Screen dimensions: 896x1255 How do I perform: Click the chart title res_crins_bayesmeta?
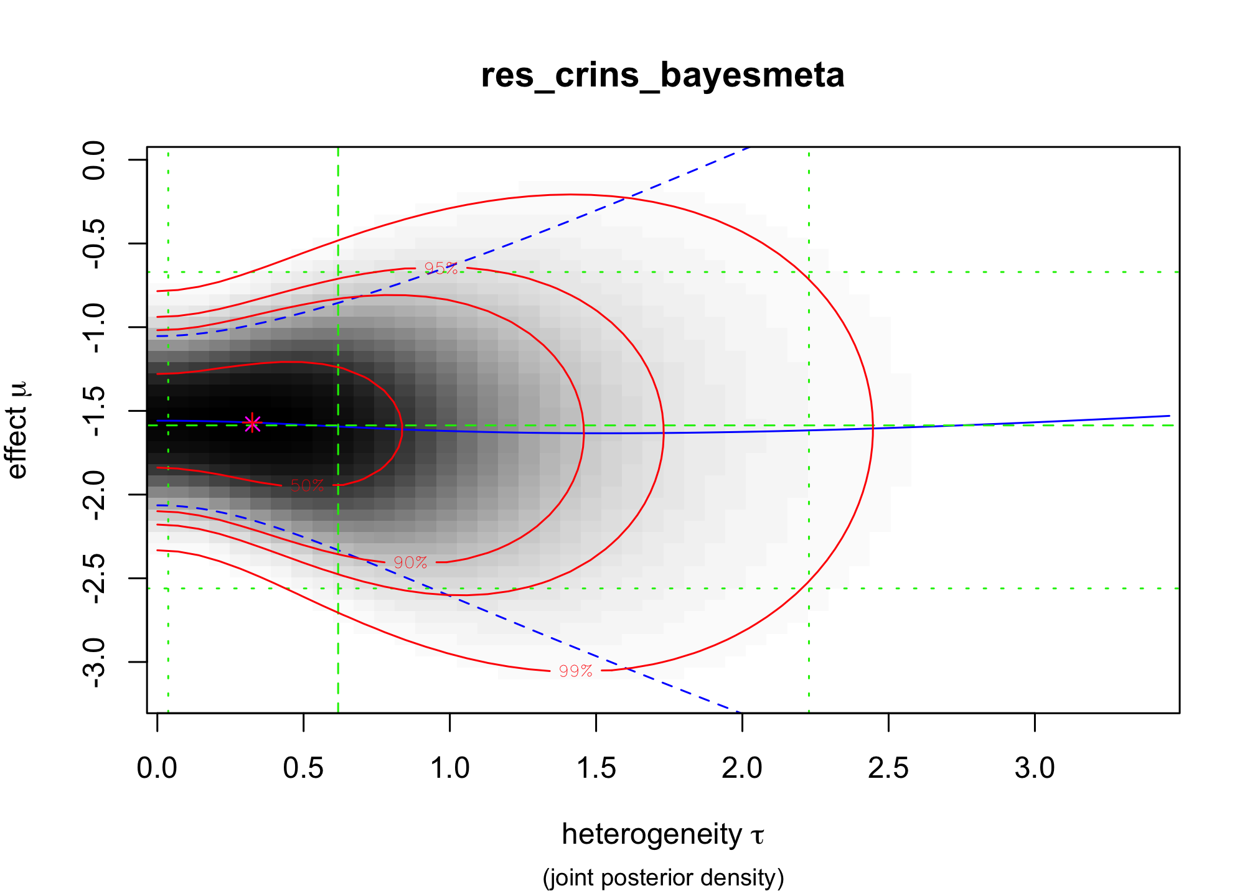662,76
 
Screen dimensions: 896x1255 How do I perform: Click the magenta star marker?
252,423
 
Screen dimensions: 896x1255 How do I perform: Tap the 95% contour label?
441,268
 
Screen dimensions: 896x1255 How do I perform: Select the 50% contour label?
308,486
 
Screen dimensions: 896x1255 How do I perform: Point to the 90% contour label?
410,562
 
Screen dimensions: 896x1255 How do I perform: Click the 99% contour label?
575,671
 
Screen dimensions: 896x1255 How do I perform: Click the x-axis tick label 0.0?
157,768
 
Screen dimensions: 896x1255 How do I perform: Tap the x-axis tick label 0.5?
303,768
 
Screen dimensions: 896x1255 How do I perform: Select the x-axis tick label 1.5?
596,768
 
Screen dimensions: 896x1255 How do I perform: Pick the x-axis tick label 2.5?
888,768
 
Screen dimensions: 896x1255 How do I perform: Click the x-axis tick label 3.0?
1035,768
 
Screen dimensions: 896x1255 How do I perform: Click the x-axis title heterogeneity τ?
662,834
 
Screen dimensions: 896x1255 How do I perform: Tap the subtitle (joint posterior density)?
663,877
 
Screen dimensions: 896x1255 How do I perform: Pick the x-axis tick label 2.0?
742,768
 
